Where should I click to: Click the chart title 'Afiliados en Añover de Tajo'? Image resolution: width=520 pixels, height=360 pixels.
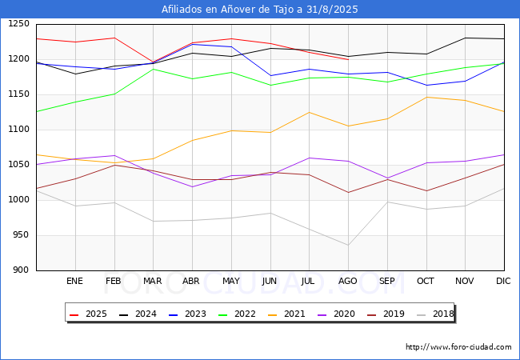(x=260, y=10)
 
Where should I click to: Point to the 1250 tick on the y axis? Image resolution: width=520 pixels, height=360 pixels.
(x=18, y=24)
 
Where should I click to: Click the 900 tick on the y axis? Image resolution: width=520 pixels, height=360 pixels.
(x=21, y=270)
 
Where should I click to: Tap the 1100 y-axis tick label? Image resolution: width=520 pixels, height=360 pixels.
(x=18, y=130)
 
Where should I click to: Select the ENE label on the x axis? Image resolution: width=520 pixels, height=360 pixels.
(x=74, y=282)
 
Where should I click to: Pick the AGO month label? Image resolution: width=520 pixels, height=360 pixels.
(x=348, y=282)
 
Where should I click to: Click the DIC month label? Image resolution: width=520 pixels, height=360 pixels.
(x=503, y=282)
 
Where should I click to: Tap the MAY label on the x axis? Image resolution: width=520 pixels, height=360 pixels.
(x=230, y=282)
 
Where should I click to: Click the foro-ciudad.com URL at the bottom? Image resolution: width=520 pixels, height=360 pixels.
(x=458, y=347)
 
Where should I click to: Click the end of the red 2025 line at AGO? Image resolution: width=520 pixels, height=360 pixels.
(x=348, y=59)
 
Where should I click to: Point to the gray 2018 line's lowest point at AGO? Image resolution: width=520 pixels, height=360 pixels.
(x=348, y=245)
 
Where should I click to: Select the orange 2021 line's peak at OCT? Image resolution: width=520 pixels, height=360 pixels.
(x=426, y=98)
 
